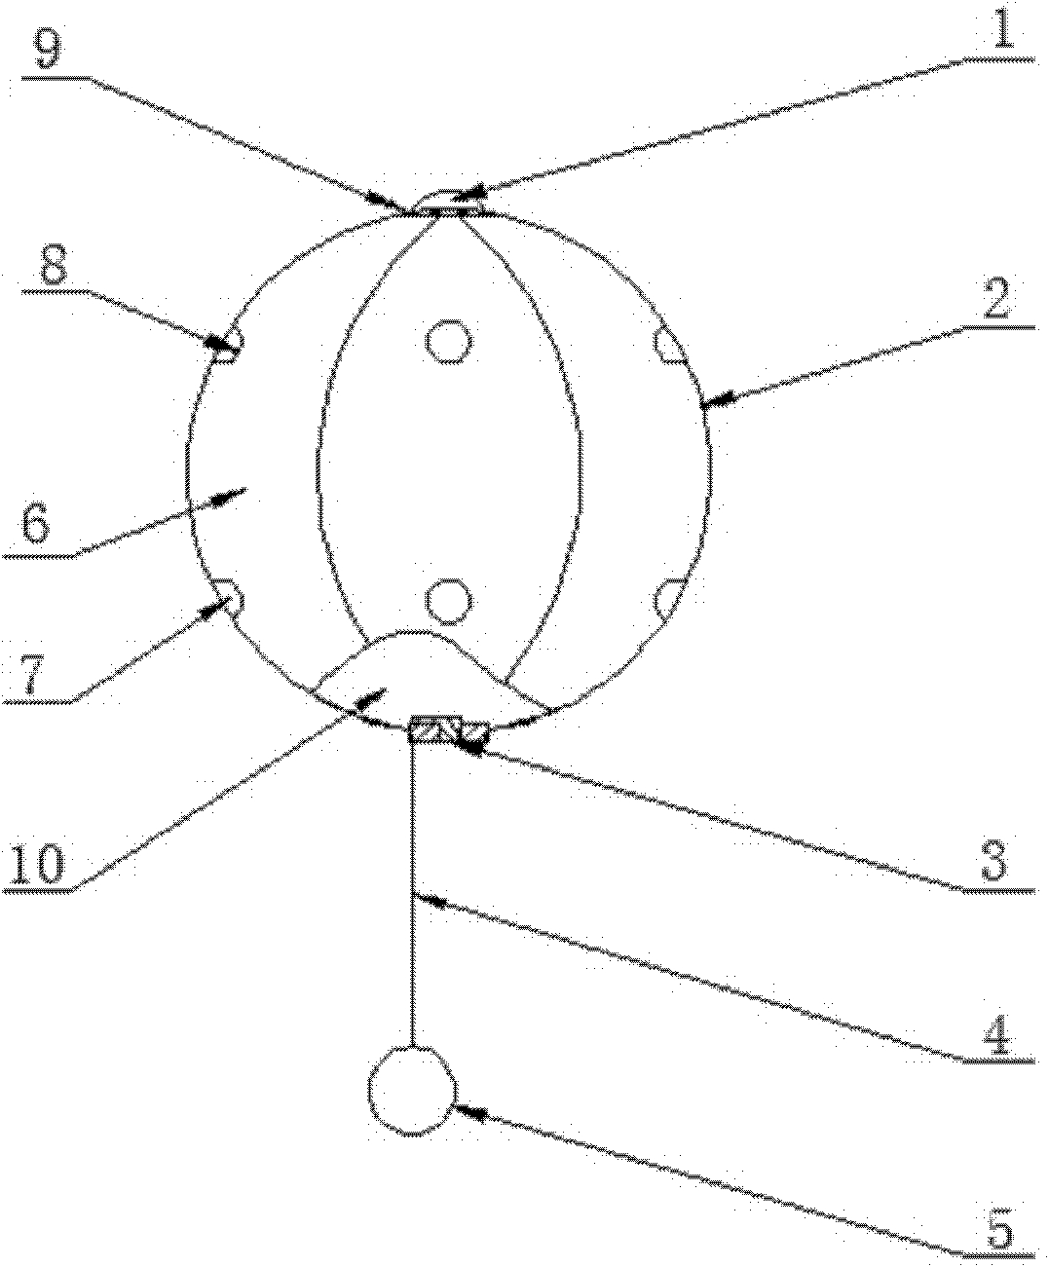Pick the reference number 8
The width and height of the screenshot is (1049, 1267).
click(x=53, y=271)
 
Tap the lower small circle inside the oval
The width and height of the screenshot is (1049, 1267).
click(x=449, y=601)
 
